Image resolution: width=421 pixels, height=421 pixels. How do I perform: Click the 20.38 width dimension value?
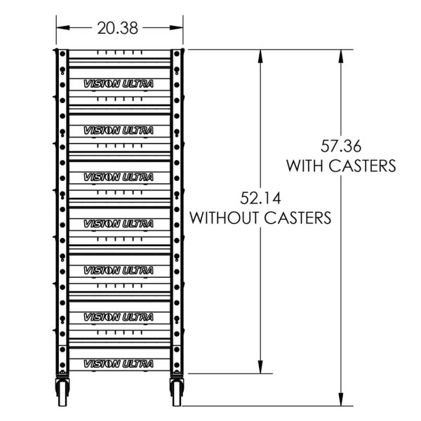pos(118,28)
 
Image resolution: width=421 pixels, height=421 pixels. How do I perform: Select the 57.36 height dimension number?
pos(340,147)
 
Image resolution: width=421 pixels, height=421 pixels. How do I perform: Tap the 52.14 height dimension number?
pos(260,199)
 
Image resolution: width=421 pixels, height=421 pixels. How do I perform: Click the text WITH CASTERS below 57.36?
pos(340,166)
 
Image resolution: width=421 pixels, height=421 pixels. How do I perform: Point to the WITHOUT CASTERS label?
pos(260,218)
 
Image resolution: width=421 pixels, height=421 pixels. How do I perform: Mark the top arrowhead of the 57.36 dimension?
pos(342,55)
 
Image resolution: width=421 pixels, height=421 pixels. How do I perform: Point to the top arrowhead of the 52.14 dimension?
pos(261,55)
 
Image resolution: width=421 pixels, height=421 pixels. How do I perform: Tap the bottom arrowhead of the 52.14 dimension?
pos(261,368)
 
